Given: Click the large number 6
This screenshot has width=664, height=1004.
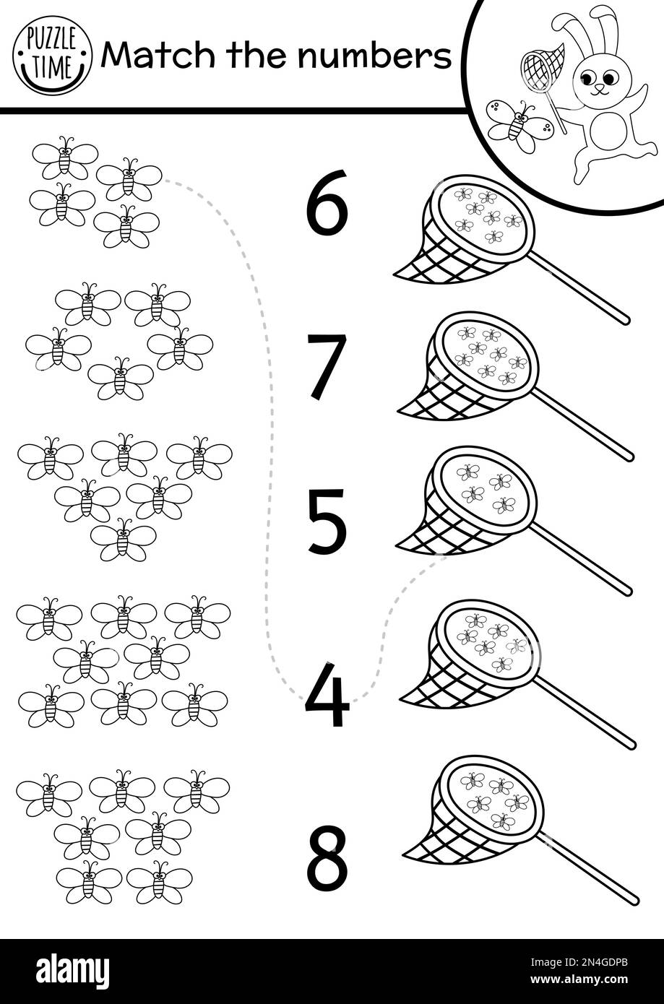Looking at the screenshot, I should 327,204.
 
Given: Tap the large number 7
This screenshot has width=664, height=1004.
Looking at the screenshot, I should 327,366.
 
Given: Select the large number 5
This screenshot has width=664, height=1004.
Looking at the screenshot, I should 327,522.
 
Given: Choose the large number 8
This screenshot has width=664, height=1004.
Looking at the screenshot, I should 327,858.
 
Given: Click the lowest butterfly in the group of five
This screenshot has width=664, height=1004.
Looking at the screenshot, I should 121,378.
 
